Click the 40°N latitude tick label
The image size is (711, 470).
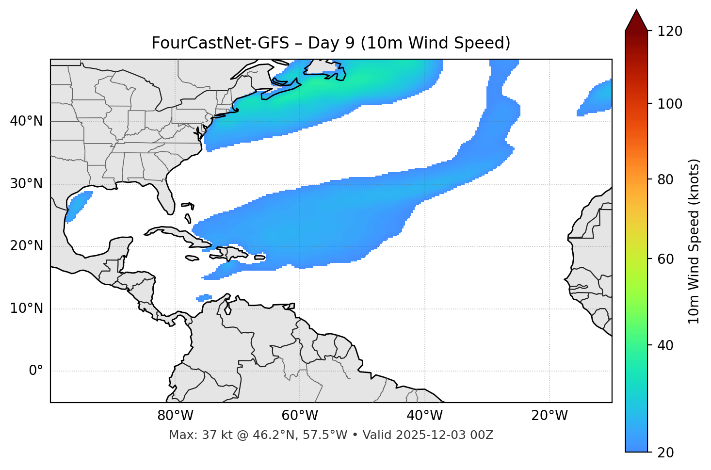pyautogui.click(x=26, y=121)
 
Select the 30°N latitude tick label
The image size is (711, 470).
pyautogui.click(x=26, y=184)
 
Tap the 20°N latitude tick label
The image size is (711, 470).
pyautogui.click(x=26, y=246)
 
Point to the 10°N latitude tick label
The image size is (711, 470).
pyautogui.click(x=26, y=308)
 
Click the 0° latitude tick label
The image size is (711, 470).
pyautogui.click(x=36, y=371)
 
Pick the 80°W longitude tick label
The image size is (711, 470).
pyautogui.click(x=175, y=416)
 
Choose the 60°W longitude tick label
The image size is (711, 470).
pyautogui.click(x=300, y=416)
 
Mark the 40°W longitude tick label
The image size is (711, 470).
pyautogui.click(x=424, y=416)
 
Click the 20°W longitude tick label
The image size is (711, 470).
pyautogui.click(x=549, y=416)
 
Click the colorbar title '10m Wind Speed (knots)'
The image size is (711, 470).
pyautogui.click(x=694, y=241)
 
